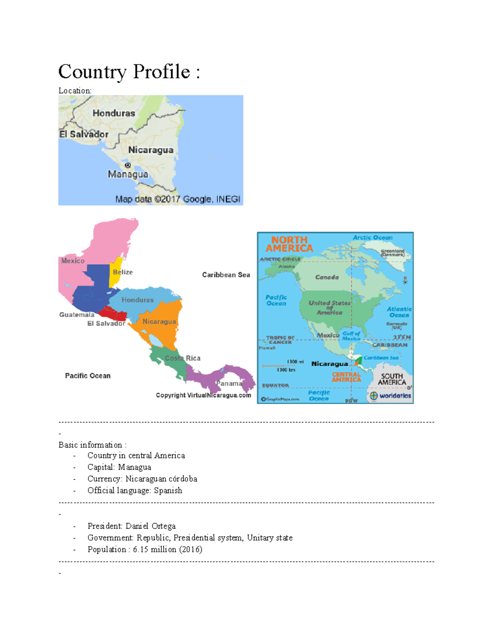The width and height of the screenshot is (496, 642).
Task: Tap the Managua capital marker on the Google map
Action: click(128, 165)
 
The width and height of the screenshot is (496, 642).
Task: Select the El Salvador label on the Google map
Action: click(84, 134)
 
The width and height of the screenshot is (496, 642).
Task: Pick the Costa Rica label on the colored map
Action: click(183, 358)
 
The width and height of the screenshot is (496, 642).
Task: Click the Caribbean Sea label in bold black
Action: click(226, 275)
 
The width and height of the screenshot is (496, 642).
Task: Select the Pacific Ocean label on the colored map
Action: click(88, 376)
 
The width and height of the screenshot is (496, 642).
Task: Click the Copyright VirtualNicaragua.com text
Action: click(203, 395)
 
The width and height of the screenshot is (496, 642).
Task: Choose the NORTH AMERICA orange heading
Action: click(289, 244)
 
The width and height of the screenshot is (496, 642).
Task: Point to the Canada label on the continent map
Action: click(327, 277)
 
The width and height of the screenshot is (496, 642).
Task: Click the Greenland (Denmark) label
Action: click(393, 253)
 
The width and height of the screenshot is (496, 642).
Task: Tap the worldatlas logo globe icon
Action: click(374, 396)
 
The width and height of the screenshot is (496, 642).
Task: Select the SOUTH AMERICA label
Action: click(392, 379)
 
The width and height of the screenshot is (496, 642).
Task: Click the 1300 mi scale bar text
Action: click(293, 362)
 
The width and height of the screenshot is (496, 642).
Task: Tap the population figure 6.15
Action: click(141, 549)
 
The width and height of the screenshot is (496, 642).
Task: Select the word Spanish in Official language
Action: click(168, 490)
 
